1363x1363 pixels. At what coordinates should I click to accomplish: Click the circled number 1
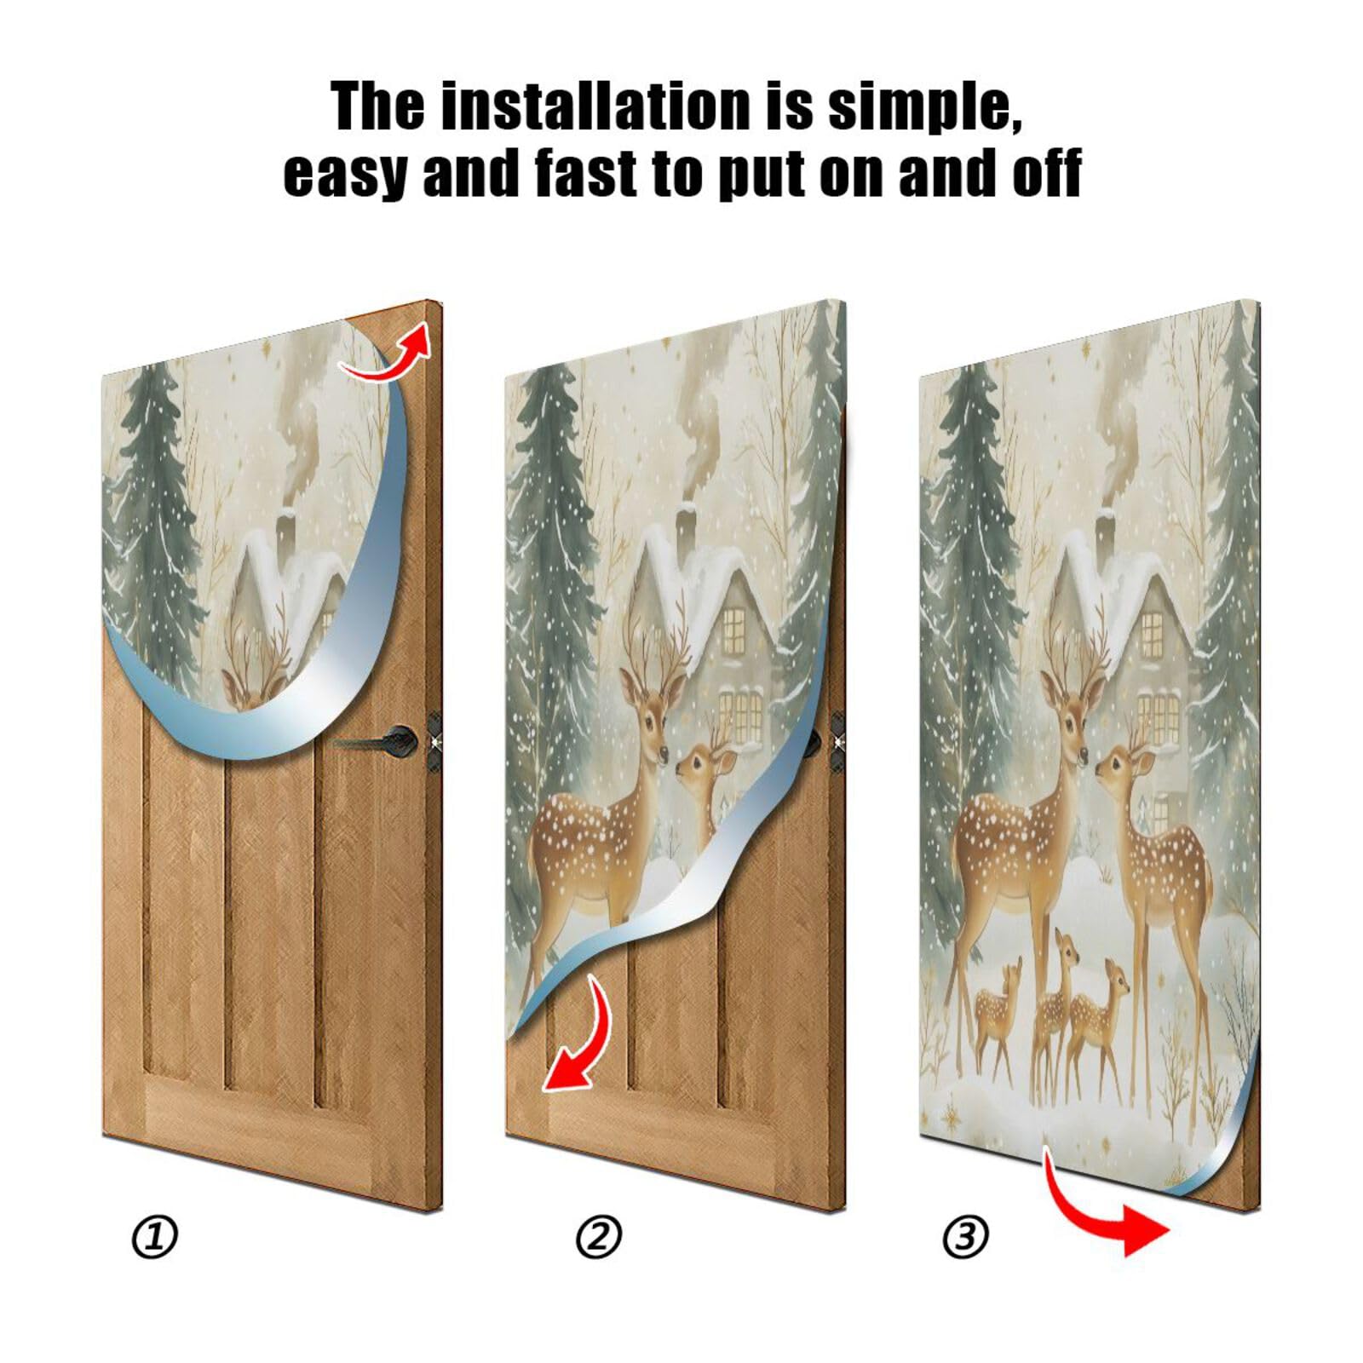tap(155, 1237)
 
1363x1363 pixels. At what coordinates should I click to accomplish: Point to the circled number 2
tap(599, 1237)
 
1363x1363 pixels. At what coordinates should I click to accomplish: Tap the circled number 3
tap(966, 1237)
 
